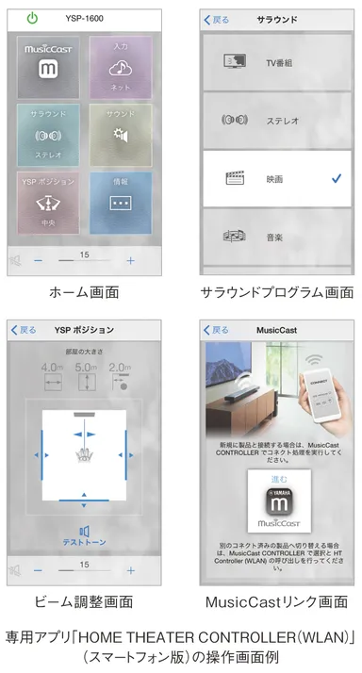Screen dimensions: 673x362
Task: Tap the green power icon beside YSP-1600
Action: coord(32,17)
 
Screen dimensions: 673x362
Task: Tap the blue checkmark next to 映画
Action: coord(337,177)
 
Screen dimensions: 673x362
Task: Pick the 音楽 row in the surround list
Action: coord(278,237)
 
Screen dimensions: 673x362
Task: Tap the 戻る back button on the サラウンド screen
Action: coord(218,18)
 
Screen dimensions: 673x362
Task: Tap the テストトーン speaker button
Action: coord(84,537)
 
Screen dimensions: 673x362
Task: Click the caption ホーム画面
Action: coord(85,292)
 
